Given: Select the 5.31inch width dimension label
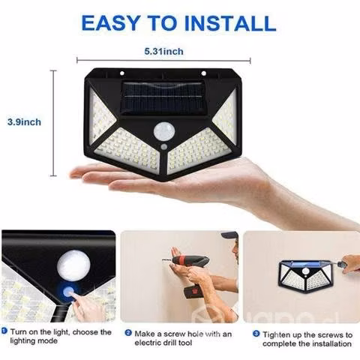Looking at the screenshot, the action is (x=163, y=51).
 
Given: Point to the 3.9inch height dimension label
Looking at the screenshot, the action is (x=24, y=122).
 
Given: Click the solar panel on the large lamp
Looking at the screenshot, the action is (x=163, y=97).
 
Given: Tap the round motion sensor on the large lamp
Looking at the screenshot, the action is (x=164, y=132).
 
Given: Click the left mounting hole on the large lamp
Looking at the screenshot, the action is (x=122, y=73).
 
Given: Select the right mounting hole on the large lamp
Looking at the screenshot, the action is (x=203, y=73).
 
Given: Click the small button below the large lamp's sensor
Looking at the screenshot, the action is (x=163, y=146).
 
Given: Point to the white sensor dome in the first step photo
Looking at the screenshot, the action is (x=73, y=265).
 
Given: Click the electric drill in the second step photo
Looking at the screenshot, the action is (x=191, y=272).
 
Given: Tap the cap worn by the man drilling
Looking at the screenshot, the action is (x=229, y=235).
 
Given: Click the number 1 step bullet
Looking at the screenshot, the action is (x=4, y=331).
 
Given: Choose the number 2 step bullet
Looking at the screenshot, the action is (x=128, y=333).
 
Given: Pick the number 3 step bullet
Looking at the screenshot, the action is (x=256, y=334).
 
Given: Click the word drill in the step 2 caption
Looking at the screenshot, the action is (x=169, y=343).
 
